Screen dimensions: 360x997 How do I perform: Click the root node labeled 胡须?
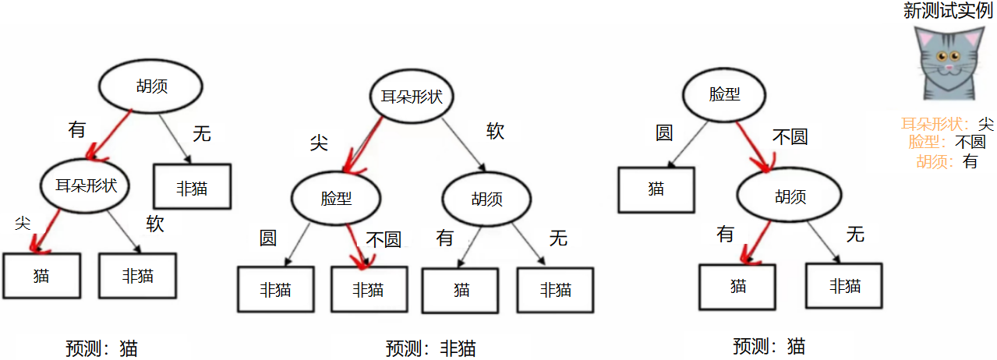(150, 86)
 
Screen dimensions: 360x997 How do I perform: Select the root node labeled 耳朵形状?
(411, 97)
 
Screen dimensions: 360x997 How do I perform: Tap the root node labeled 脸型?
(724, 94)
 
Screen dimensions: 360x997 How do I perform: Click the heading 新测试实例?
(947, 10)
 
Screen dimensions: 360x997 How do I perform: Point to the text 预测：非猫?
(430, 348)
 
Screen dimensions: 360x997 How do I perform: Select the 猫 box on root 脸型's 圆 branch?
(656, 189)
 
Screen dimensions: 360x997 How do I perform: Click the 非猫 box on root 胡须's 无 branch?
(192, 187)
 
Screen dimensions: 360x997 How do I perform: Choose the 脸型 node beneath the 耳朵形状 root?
(336, 198)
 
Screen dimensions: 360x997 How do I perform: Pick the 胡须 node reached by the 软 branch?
(487, 199)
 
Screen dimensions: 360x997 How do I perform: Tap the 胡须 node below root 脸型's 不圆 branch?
(790, 196)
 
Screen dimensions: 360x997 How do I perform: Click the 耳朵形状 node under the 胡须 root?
(86, 185)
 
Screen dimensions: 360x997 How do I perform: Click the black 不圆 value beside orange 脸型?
(970, 143)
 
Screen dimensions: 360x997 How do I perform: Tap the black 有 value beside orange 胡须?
(970, 161)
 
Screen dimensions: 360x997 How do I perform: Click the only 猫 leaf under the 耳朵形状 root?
(461, 290)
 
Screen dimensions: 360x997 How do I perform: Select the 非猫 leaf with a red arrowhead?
(368, 290)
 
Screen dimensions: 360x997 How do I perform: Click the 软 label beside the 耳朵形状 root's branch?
(495, 131)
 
